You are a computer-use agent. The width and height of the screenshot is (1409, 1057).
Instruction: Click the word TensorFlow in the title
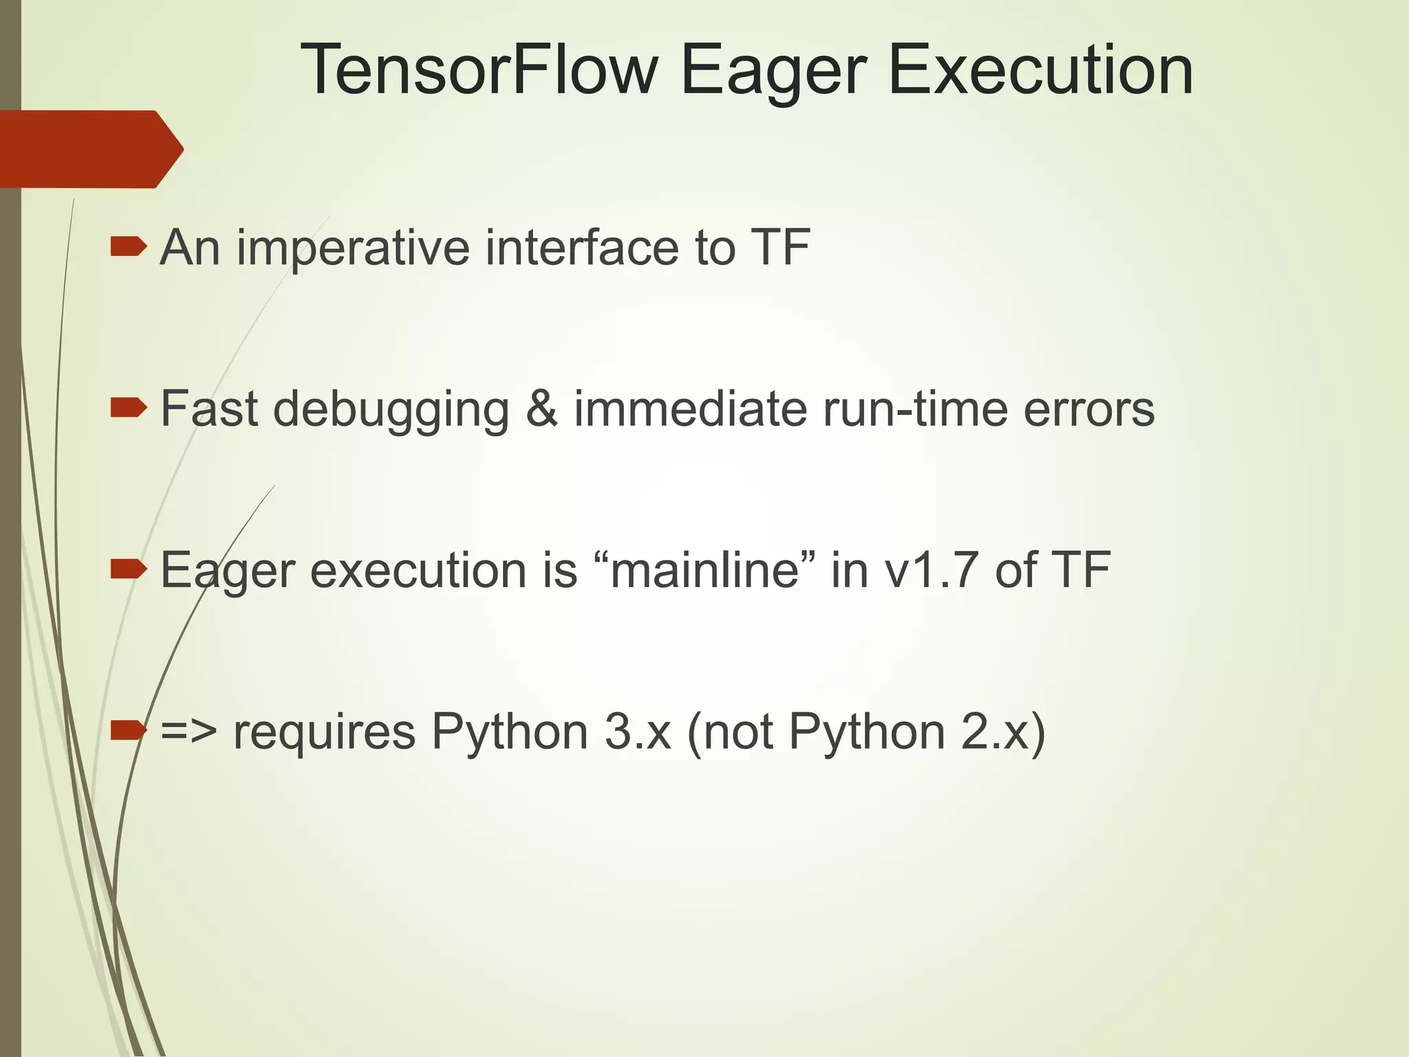click(x=479, y=70)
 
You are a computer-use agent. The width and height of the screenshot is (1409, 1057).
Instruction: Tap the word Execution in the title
click(x=1040, y=70)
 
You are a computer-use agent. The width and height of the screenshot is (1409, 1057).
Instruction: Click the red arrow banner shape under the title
click(x=89, y=149)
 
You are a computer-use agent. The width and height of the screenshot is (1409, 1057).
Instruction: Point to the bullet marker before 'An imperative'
click(x=128, y=246)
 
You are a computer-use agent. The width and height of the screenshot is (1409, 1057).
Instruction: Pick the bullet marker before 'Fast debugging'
click(x=128, y=408)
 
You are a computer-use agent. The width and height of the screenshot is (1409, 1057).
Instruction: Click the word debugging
click(x=391, y=411)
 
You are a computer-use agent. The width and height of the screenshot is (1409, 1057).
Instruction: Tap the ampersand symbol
click(x=542, y=409)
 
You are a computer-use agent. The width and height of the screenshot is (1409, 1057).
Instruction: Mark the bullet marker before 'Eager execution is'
click(x=128, y=569)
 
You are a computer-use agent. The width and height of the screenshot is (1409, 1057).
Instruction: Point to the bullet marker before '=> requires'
click(x=128, y=730)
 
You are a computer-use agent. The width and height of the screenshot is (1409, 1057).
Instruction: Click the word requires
click(x=325, y=734)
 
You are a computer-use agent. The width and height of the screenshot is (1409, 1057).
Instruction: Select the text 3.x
click(x=638, y=732)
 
